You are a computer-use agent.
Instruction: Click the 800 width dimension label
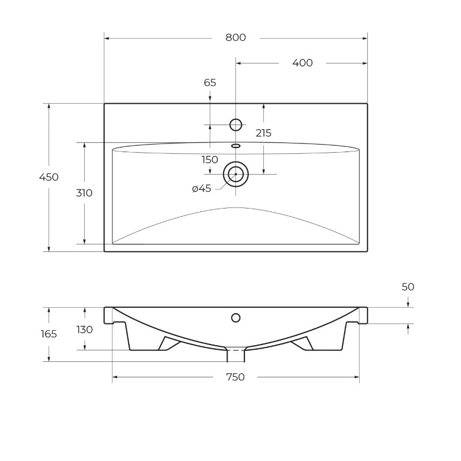pyautogui.click(x=236, y=37)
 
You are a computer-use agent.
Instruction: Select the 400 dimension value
pyautogui.click(x=302, y=63)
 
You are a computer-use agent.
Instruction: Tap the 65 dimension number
pyautogui.click(x=210, y=82)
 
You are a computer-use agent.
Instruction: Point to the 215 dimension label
pyautogui.click(x=263, y=133)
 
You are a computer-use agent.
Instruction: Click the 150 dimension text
pyautogui.click(x=210, y=160)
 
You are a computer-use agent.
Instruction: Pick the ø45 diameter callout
pyautogui.click(x=202, y=188)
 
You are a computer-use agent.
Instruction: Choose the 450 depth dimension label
pyautogui.click(x=49, y=177)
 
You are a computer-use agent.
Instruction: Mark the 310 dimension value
pyautogui.click(x=84, y=193)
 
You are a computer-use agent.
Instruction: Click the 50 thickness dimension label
pyautogui.click(x=408, y=286)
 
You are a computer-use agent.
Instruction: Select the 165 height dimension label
pyautogui.click(x=49, y=334)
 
